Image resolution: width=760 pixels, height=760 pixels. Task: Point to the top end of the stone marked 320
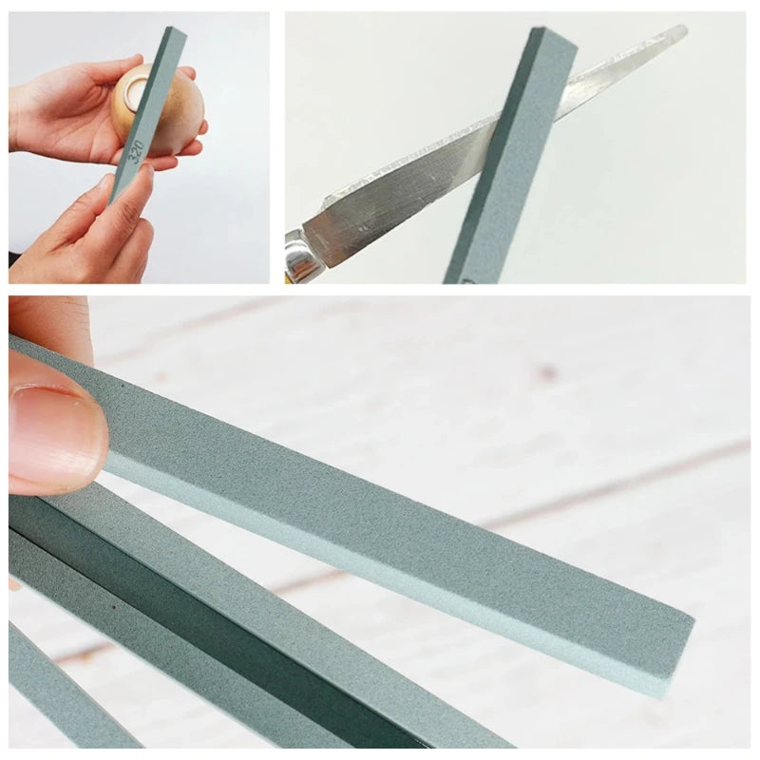click(x=174, y=33)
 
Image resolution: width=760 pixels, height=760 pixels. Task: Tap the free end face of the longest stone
click(x=676, y=655)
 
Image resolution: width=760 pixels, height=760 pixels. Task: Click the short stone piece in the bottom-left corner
click(x=57, y=693)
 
